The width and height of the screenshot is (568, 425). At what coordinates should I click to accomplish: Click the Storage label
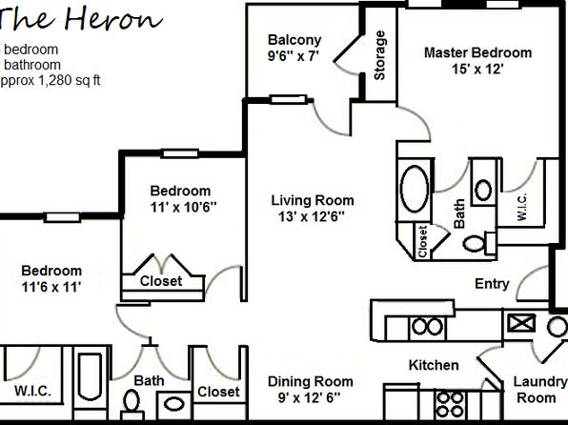pos(379,55)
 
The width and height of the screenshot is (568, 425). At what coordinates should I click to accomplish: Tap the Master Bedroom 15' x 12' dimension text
pos(477,69)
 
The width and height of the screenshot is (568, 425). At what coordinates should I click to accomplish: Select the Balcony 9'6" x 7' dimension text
pos(294,56)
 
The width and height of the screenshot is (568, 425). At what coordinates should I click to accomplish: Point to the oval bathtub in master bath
pos(415,189)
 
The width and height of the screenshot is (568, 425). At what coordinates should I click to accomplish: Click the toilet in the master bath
pos(478,243)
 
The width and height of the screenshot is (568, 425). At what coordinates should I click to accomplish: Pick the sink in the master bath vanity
pos(483,190)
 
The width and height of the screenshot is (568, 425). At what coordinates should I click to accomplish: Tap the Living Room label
pos(313,200)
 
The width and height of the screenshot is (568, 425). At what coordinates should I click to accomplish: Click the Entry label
pos(492,284)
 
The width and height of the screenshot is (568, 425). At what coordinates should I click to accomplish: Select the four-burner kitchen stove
pos(450,405)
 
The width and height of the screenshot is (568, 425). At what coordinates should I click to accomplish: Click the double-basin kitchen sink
pos(428,327)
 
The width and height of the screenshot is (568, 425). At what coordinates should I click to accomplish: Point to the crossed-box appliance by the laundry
pos(521,323)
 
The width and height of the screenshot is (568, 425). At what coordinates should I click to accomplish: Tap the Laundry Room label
pos(539,390)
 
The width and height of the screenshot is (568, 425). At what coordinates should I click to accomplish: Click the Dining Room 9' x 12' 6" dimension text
pos(309,398)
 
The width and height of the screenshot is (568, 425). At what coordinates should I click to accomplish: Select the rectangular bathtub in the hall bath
pos(91,376)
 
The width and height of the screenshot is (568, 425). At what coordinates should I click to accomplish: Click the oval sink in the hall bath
pos(173,404)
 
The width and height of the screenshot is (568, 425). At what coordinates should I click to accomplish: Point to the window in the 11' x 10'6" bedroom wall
pos(180,154)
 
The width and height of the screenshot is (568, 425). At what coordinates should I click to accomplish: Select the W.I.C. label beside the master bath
pos(521,207)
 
